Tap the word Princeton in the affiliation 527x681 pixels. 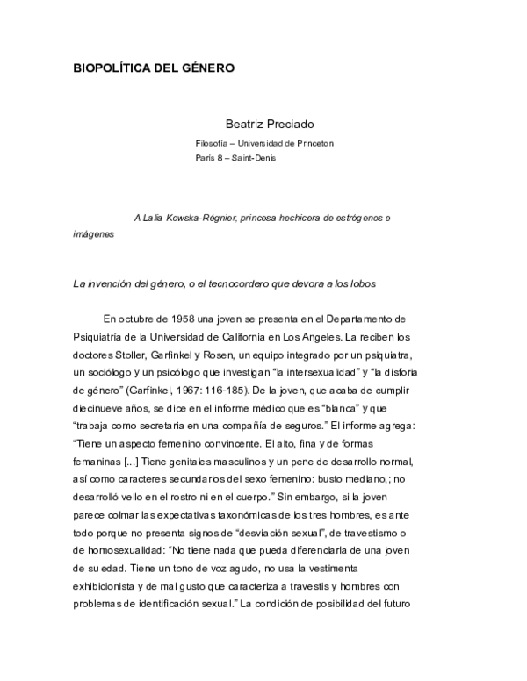tap(314, 143)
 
